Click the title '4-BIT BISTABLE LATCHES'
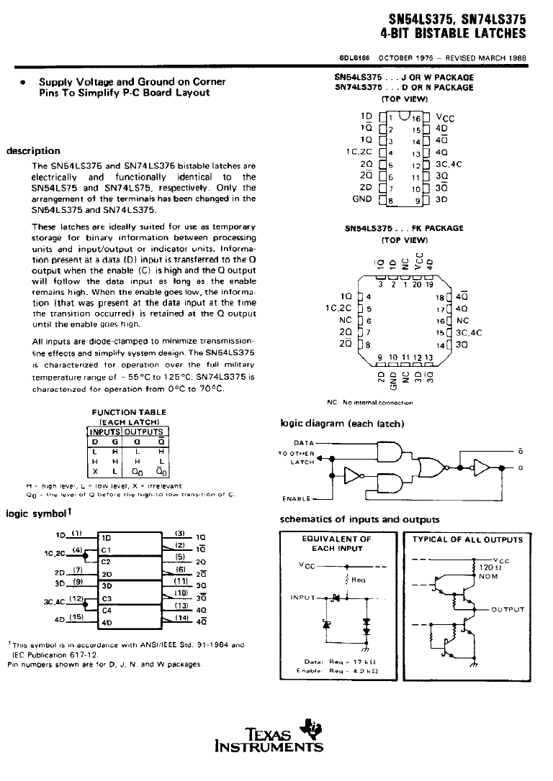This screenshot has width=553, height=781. click(453, 33)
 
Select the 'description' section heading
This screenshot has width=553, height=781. click(33, 151)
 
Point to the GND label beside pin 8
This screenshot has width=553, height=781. click(361, 198)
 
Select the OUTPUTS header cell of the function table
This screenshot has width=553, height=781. click(145, 432)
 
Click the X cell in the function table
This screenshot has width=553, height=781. click(95, 472)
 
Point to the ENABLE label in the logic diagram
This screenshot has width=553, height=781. click(297, 498)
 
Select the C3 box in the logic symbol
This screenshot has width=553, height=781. click(106, 598)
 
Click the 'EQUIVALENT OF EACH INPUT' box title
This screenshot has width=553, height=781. click(336, 544)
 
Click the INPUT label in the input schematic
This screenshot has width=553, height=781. click(303, 597)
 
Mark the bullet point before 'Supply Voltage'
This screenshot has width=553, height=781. click(24, 83)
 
